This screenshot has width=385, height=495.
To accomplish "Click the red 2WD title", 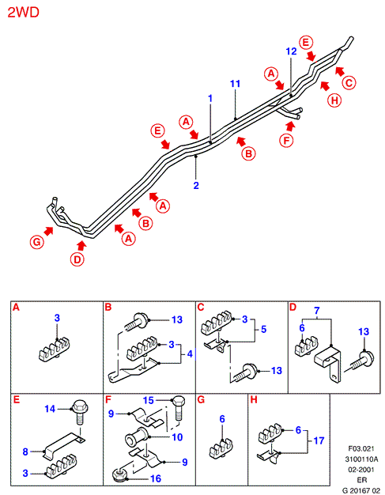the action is tap(24, 13).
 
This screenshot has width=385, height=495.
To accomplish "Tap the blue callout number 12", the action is tap(291, 51).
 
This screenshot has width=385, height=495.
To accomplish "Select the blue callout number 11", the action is tap(235, 84).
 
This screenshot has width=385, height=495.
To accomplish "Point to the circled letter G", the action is tap(37, 242).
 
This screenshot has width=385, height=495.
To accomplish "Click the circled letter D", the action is tap(77, 259).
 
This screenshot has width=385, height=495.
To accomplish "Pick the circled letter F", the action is tap(286, 140).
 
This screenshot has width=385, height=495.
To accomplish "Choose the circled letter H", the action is tap(334, 100).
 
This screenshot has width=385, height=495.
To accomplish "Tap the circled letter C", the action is tap(349, 83).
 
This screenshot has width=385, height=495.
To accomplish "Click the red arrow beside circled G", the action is tap(49, 231).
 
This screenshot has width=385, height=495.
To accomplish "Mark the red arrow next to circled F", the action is tap(290, 126).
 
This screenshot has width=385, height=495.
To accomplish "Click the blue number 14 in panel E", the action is tap(50, 409).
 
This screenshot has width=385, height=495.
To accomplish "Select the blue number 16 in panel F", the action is tap(156, 478).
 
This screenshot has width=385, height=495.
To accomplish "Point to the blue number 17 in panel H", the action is tap(319, 440).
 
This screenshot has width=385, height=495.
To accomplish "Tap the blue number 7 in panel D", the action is tap(317, 311).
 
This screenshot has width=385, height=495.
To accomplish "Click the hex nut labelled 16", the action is tap(119, 475).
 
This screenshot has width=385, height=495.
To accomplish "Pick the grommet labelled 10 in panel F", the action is tap(137, 437).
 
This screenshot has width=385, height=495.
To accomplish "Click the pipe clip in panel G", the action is tap(221, 448).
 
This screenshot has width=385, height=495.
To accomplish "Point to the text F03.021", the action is tap(361, 448).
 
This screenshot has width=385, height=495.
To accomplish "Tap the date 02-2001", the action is tap(361, 470).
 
